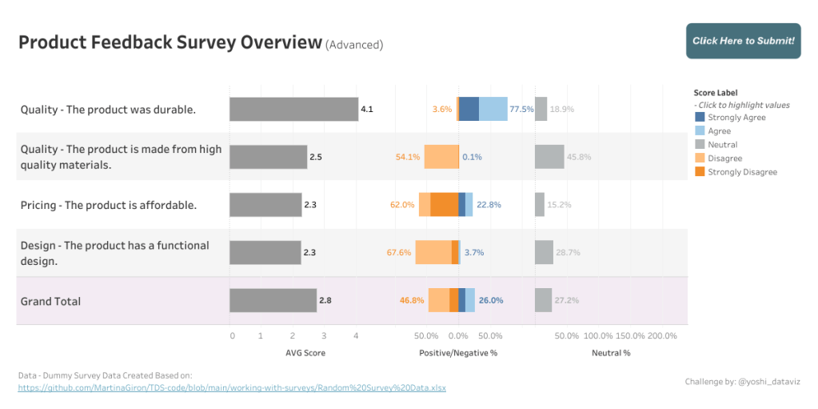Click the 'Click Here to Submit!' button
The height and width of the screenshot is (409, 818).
point(743,41)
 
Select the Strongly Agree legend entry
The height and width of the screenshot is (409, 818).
point(736,118)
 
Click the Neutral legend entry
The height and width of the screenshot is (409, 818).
point(722,145)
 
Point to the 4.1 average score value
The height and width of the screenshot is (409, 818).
point(367,109)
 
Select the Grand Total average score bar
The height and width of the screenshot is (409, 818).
point(273,300)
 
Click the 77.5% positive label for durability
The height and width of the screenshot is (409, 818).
point(521,109)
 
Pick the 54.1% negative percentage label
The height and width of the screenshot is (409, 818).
point(408,157)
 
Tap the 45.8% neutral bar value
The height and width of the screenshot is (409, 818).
point(578,157)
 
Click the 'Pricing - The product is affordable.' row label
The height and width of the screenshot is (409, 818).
point(109,205)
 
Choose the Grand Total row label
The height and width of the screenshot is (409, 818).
point(50,301)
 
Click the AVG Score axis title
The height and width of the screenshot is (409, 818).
point(305,352)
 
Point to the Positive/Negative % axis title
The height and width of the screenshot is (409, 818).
point(458,352)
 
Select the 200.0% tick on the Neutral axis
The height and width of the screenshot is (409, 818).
point(662,336)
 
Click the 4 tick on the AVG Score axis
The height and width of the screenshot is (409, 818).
point(355,336)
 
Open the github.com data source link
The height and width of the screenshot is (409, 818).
point(232,387)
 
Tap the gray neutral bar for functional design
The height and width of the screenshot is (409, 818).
point(544,252)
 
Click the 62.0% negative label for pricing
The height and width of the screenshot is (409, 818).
point(402,205)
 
